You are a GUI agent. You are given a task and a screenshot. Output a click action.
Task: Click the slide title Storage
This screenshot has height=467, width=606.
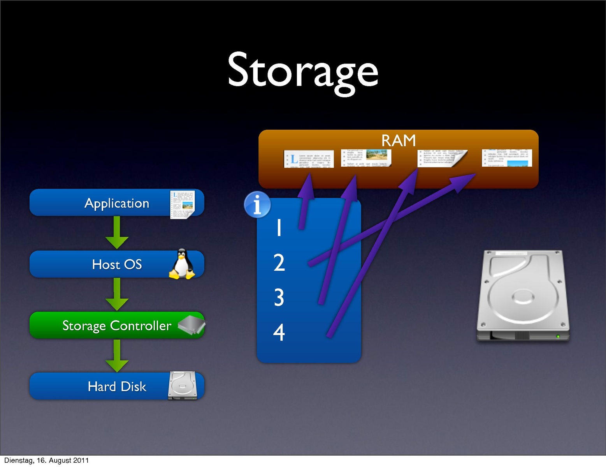[302, 71]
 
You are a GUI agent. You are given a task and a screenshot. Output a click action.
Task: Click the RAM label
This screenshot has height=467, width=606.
[398, 141]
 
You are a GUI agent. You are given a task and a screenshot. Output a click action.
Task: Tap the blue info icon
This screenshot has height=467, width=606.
[257, 204]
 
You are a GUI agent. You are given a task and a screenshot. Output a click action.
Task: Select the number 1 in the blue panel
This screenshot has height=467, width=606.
[279, 227]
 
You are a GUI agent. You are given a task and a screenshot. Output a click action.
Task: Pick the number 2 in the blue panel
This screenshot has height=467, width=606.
[279, 263]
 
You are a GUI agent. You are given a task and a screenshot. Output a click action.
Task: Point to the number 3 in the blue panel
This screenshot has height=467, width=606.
[279, 297]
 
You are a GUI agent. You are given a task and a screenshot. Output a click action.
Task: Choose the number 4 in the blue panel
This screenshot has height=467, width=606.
[279, 332]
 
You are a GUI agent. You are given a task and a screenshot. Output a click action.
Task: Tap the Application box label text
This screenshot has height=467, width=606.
[117, 203]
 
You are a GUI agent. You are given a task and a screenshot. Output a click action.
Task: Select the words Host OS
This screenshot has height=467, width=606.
[117, 264]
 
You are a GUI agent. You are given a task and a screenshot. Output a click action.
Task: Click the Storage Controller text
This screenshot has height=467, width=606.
[117, 326]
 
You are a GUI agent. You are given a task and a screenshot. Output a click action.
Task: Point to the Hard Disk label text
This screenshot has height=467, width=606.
[117, 386]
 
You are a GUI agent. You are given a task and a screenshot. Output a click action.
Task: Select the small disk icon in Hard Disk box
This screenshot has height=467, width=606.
[183, 386]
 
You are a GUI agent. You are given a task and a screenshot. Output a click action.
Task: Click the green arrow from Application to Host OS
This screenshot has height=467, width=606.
[117, 233]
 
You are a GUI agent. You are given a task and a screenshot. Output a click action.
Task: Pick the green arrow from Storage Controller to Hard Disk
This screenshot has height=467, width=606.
[117, 356]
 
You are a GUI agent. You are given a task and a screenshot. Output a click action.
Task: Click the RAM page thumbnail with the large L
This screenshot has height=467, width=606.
[309, 159]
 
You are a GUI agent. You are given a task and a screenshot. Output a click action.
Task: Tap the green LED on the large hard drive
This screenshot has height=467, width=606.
[558, 337]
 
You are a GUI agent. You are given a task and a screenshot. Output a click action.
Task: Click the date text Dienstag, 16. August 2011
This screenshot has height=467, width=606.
[46, 460]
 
